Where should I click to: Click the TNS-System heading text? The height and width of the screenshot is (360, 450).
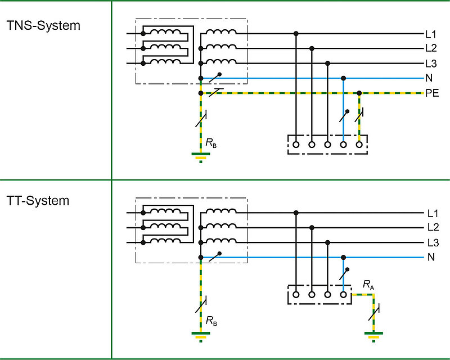click(43, 26)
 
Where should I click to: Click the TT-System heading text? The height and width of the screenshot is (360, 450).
click(38, 200)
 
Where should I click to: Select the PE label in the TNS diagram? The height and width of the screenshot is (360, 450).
click(432, 93)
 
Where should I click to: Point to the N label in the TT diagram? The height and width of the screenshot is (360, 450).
click(431, 258)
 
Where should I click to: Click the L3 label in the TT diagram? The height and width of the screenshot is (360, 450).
click(432, 243)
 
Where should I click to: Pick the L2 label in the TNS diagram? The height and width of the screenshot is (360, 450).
click(431, 48)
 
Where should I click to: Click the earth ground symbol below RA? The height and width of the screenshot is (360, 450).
click(372, 337)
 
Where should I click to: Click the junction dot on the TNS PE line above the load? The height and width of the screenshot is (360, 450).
click(359, 92)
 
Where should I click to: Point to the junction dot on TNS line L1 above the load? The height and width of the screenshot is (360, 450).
click(296, 34)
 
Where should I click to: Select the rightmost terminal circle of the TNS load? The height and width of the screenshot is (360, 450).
click(359, 144)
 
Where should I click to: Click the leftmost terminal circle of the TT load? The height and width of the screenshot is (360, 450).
click(296, 294)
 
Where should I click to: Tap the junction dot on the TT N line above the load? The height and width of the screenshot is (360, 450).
click(343, 258)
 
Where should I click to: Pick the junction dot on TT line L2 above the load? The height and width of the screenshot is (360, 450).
click(312, 228)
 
